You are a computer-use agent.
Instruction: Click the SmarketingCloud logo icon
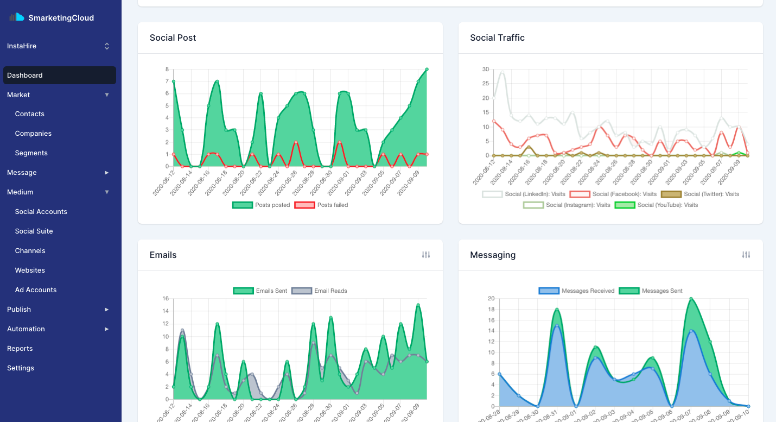(x=17, y=17)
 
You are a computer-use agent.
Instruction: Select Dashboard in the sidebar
(x=25, y=75)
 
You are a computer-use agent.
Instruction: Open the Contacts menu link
(x=30, y=114)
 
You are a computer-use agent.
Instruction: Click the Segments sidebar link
(x=31, y=153)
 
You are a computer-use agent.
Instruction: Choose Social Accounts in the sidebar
(x=41, y=212)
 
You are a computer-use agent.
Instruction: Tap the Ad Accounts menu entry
(x=36, y=290)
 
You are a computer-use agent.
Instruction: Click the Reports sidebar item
(x=20, y=349)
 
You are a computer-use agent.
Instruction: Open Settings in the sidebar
(x=21, y=368)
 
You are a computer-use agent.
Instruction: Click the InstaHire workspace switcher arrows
(x=107, y=47)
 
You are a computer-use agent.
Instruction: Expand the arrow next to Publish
(x=107, y=310)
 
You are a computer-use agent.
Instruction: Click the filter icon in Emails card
(x=426, y=255)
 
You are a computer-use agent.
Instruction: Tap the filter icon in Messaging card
(x=746, y=255)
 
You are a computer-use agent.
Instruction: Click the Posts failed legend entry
(x=321, y=205)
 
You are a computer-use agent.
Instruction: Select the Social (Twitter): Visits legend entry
(x=700, y=194)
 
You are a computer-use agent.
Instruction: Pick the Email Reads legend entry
(x=320, y=291)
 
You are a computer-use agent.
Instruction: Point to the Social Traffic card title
(x=497, y=38)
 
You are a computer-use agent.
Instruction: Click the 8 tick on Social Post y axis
(x=167, y=70)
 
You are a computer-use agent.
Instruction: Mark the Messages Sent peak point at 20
(x=691, y=298)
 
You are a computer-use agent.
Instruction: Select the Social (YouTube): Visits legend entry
(x=656, y=205)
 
